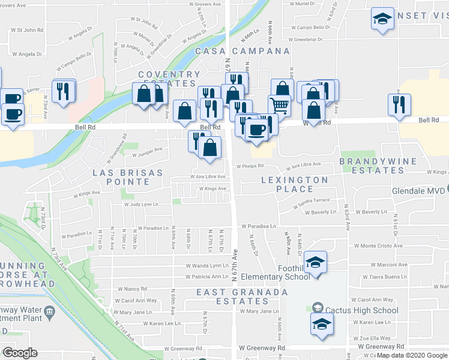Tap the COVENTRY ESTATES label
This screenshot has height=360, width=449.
(169, 79)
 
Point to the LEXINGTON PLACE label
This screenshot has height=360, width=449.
(295, 184)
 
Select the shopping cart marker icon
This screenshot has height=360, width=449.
(279, 105)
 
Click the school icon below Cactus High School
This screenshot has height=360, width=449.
(322, 325)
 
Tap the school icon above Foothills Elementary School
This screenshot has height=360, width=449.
(315, 261)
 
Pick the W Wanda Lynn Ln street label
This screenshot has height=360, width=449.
(208, 265)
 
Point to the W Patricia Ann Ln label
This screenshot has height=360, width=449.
(206, 277)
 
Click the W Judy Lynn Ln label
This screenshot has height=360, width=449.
(140, 205)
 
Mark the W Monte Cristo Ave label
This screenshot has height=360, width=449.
(378, 246)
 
